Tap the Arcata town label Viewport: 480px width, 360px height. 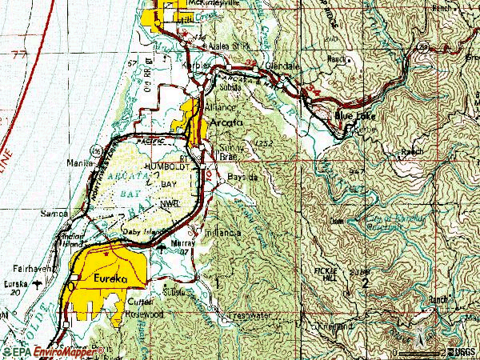tap(228, 123)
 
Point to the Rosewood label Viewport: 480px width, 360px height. tap(145, 313)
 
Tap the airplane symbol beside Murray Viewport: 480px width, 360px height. tap(164, 247)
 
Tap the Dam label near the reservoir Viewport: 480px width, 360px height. tap(336, 221)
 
